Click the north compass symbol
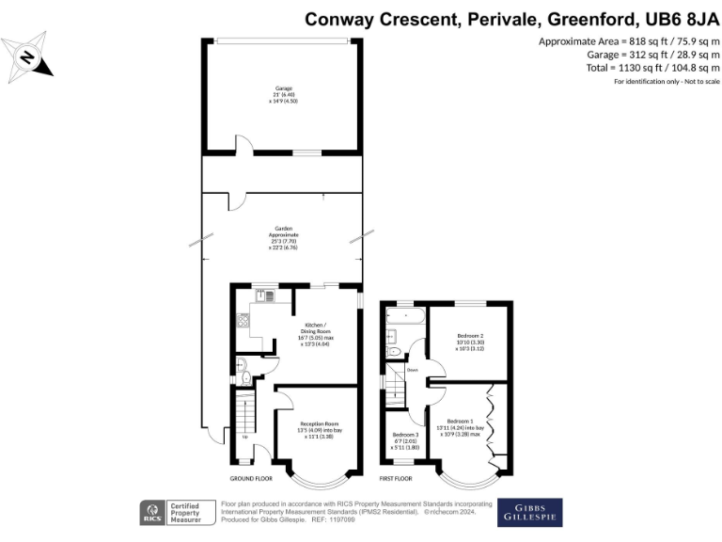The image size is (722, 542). tap(27, 57)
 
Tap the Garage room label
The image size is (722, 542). tap(281, 95)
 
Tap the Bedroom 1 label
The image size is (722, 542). tap(465, 427)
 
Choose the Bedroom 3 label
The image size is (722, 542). tap(404, 440)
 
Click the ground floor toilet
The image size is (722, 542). tap(246, 378)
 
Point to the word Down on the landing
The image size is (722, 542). tap(412, 371)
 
